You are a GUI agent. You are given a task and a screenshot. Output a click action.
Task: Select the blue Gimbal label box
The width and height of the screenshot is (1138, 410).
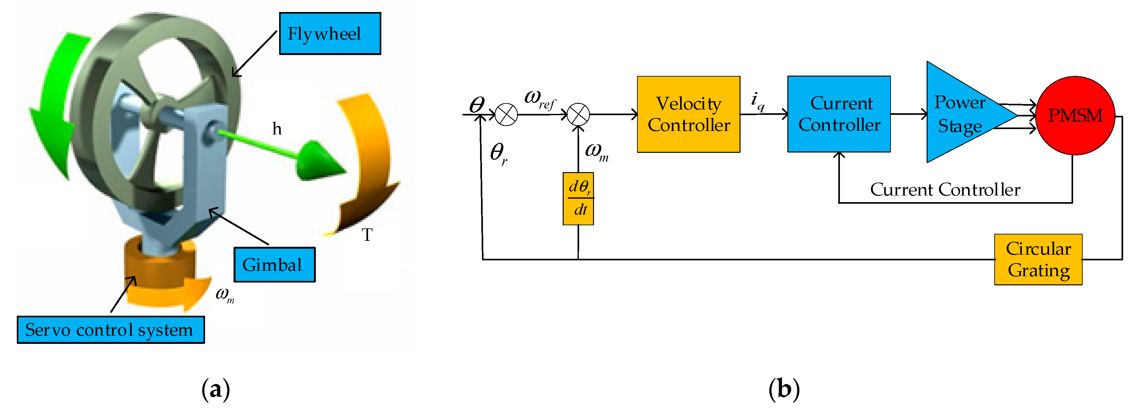tap(274, 265)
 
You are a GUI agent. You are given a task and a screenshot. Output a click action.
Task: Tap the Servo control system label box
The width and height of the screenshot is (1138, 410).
tap(110, 330)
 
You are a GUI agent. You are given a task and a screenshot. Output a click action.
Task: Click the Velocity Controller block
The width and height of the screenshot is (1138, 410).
tap(688, 115)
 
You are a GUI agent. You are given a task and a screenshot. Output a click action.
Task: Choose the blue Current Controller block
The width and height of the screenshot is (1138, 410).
tap(839, 114)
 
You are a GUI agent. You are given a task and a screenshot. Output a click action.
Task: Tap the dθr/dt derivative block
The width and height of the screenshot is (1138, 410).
tap(578, 198)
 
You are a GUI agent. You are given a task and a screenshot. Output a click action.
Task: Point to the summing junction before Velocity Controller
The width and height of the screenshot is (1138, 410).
tap(578, 115)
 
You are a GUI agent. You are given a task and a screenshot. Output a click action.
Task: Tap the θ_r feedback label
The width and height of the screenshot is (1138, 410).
tap(498, 153)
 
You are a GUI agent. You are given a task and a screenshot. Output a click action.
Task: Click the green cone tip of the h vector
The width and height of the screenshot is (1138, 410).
tap(322, 162)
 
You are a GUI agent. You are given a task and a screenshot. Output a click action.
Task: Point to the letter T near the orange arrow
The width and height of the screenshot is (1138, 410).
tap(367, 235)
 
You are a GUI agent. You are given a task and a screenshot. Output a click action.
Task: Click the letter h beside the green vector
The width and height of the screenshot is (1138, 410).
tap(277, 129)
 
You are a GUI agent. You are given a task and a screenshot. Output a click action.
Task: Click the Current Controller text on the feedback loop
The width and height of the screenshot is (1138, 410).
tap(945, 189)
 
